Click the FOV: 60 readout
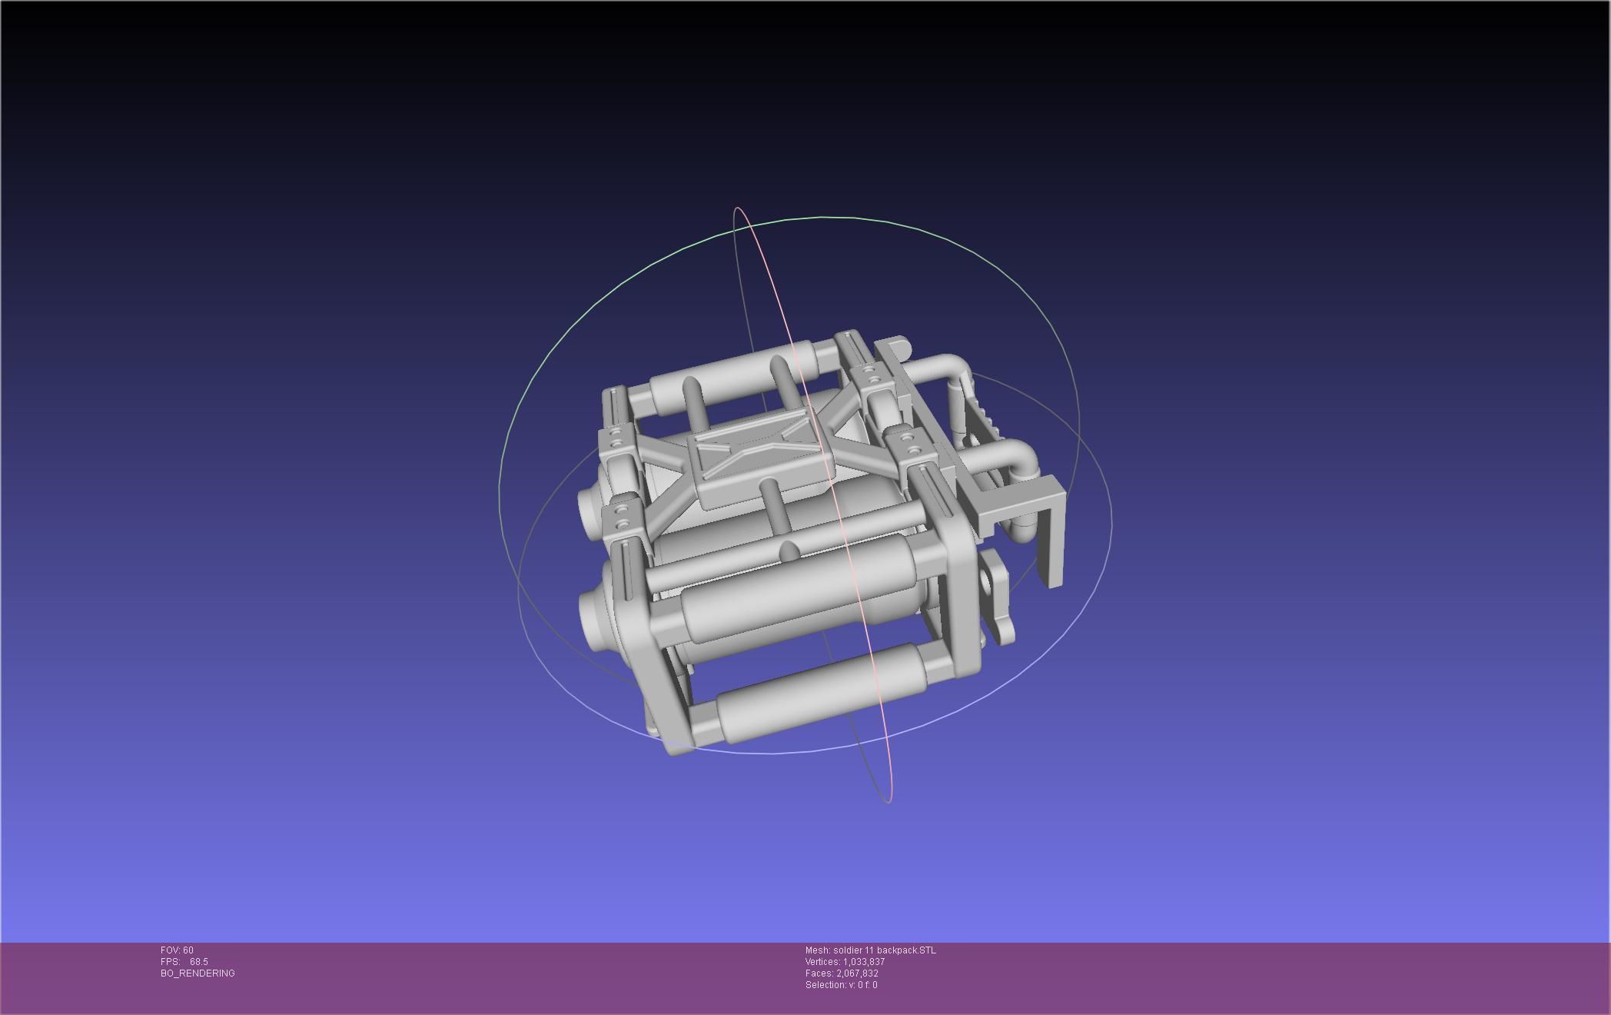point(177,950)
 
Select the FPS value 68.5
point(198,962)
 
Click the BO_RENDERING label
point(198,973)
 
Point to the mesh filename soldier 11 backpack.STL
point(884,950)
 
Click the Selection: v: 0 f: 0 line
point(841,985)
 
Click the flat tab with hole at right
point(999,596)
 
